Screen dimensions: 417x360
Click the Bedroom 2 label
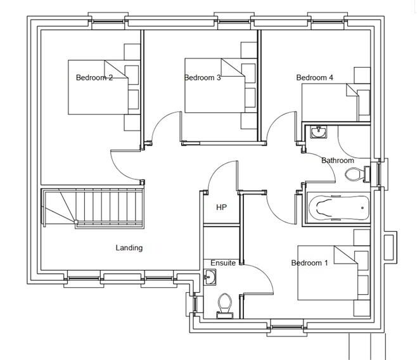[94, 77]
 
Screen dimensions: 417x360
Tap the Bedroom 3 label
[202, 77]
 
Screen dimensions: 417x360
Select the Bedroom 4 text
[314, 77]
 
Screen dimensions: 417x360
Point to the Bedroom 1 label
[309, 263]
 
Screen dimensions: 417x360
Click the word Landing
[129, 248]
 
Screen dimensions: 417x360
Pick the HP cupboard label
[221, 207]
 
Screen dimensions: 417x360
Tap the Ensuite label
[223, 263]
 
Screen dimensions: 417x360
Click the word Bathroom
[338, 160]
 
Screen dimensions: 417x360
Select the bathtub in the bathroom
[338, 208]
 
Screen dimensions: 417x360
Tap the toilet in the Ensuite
[225, 305]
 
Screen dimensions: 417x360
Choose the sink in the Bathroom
[318, 132]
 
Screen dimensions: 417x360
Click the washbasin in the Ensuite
[210, 278]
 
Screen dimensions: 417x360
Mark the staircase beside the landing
[93, 208]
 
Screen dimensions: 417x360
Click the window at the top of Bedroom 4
[328, 22]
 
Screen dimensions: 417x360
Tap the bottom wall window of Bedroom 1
[286, 327]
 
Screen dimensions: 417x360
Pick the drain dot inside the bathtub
[362, 208]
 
